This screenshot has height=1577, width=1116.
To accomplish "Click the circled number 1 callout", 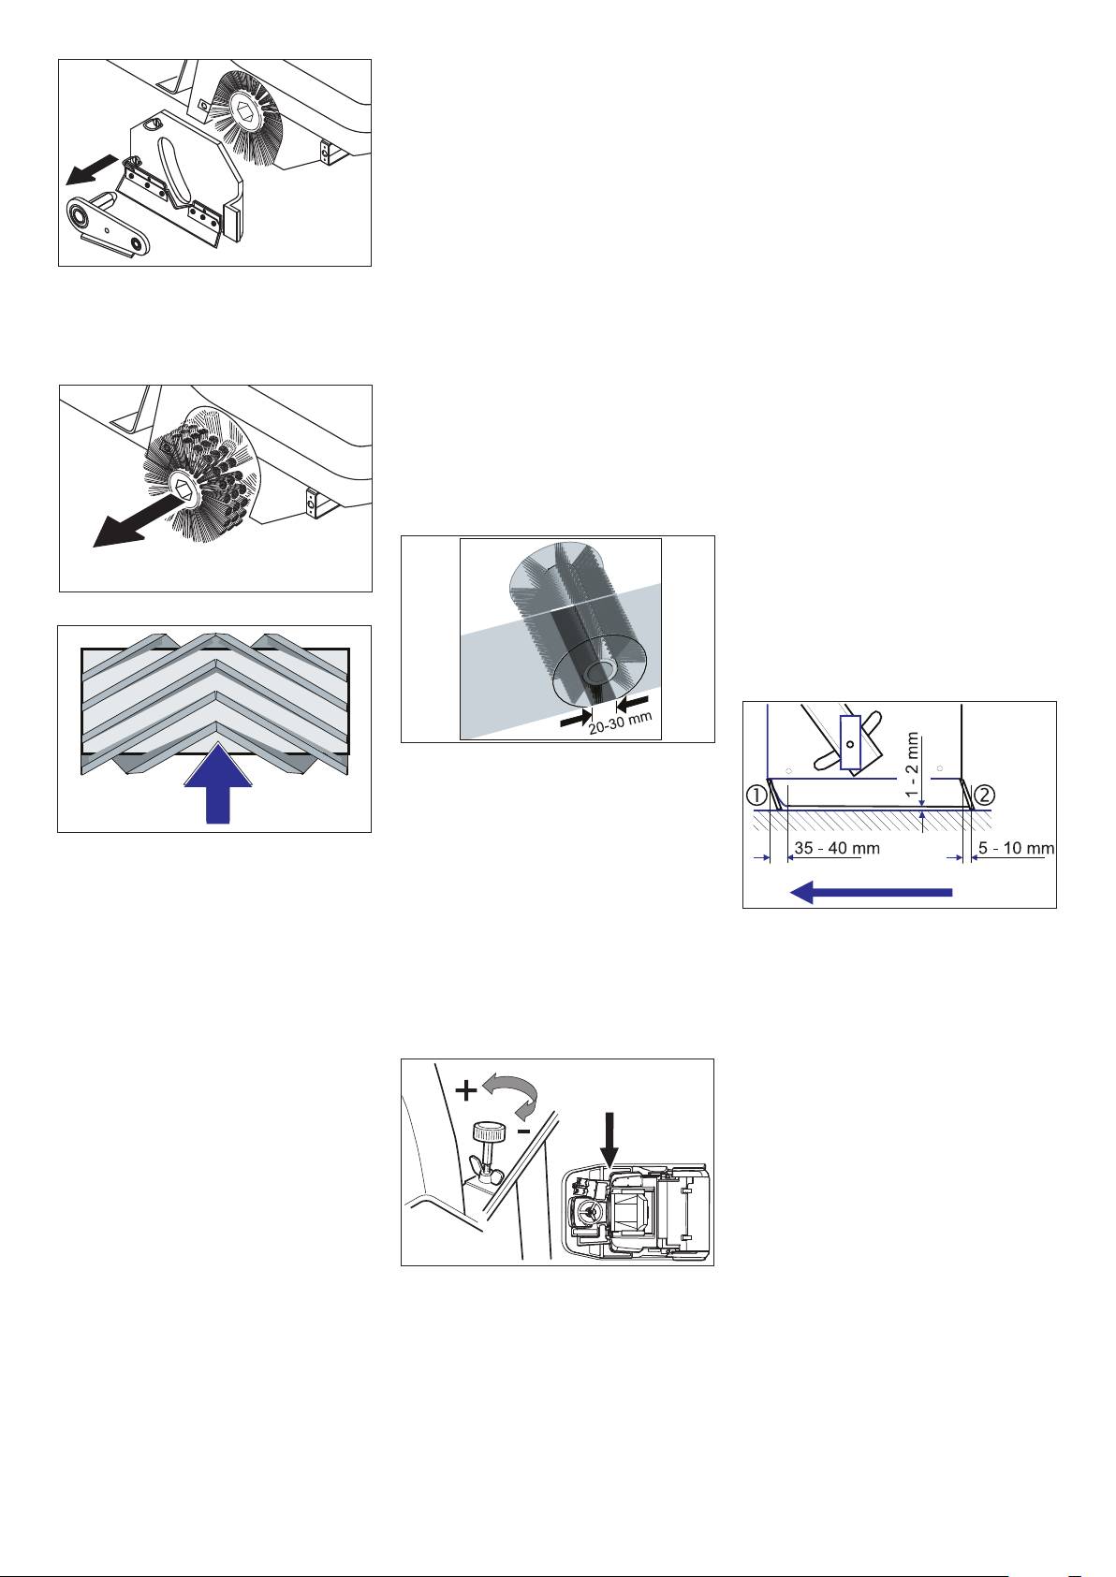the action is click(x=756, y=796).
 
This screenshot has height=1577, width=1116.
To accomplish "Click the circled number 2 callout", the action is click(x=984, y=796).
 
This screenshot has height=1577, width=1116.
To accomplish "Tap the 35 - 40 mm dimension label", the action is click(x=837, y=848).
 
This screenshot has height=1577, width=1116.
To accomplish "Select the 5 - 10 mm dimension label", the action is click(x=1016, y=848).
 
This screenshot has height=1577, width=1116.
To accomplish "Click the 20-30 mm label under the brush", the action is click(x=621, y=723).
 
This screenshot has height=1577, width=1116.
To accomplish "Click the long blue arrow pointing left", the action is click(x=871, y=892).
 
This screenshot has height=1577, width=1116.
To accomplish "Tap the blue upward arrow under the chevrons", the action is click(x=218, y=782).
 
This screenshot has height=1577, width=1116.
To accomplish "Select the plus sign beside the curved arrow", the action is click(x=466, y=1090).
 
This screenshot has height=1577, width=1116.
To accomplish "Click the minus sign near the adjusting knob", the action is click(x=524, y=1132).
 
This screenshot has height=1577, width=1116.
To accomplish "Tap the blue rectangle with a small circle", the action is click(x=850, y=742).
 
